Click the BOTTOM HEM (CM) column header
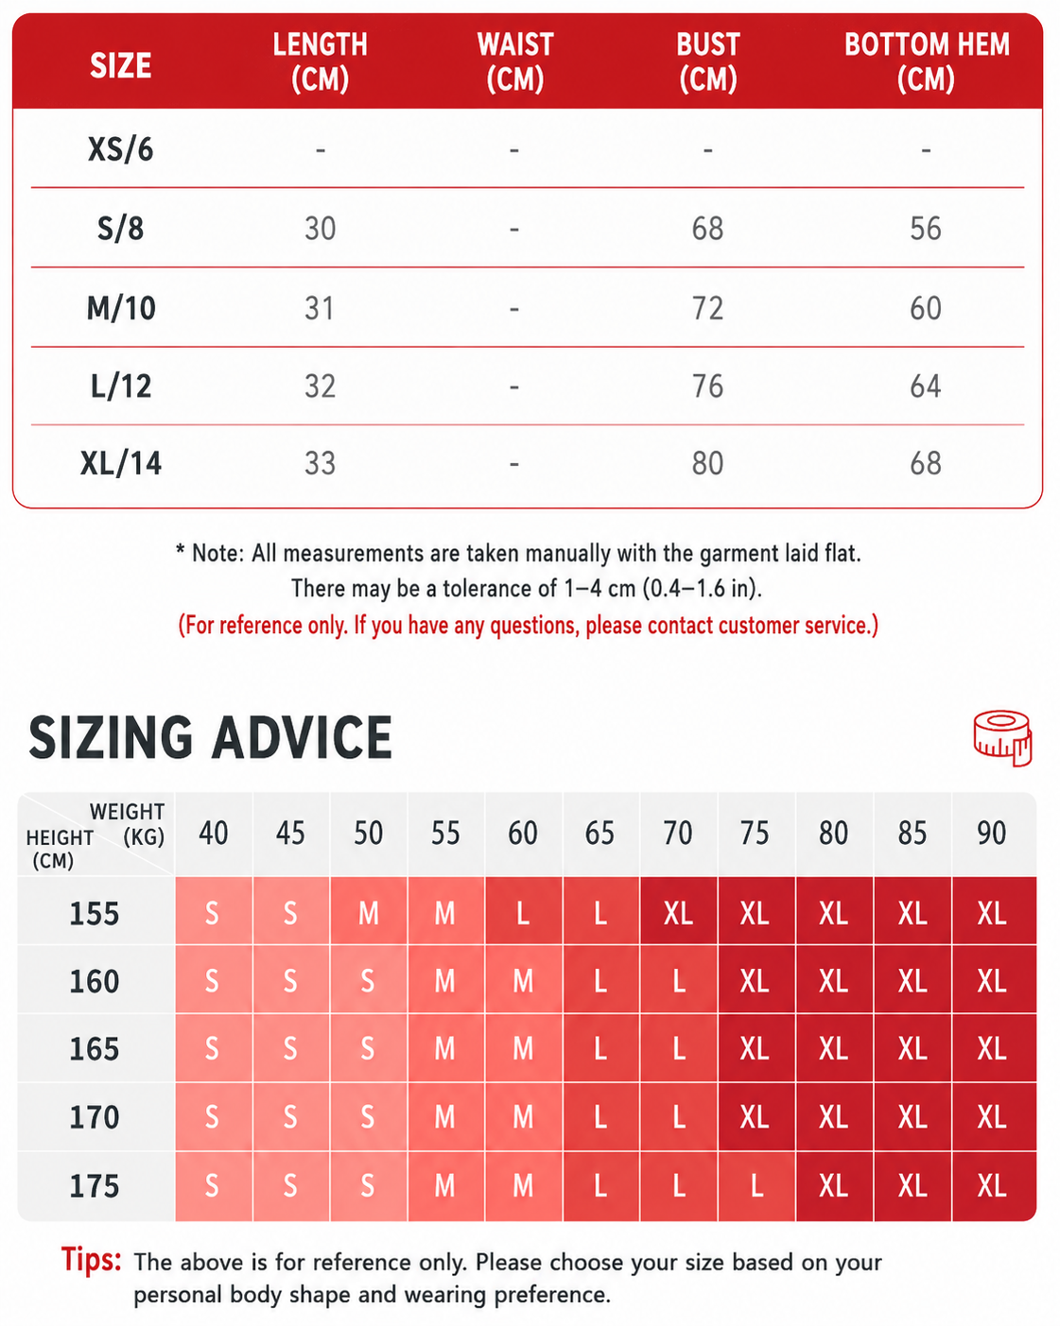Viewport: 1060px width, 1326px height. coord(926,62)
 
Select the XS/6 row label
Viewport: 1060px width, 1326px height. coord(120,149)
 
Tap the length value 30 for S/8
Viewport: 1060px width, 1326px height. coord(320,229)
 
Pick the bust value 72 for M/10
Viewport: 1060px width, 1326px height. coord(707,308)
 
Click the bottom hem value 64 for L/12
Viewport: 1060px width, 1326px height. coord(926,387)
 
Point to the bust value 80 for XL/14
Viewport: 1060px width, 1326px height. coord(707,463)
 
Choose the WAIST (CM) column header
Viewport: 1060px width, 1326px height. coord(515,62)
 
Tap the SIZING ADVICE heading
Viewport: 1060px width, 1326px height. coord(210,737)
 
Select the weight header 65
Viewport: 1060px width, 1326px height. coord(600,833)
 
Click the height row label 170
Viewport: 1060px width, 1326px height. coord(94,1117)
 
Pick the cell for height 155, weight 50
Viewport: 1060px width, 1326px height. coord(369,913)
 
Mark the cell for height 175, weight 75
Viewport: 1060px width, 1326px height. coord(756,1185)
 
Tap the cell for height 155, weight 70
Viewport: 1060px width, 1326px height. coord(679,913)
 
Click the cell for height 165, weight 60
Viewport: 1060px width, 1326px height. coord(524,1049)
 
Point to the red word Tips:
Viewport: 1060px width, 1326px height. coord(92,1260)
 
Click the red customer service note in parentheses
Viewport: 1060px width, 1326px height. coord(528,626)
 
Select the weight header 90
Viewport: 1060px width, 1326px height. coord(992,833)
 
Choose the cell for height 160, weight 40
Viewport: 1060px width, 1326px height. coord(212,981)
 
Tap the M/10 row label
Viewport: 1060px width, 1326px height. coord(121,308)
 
